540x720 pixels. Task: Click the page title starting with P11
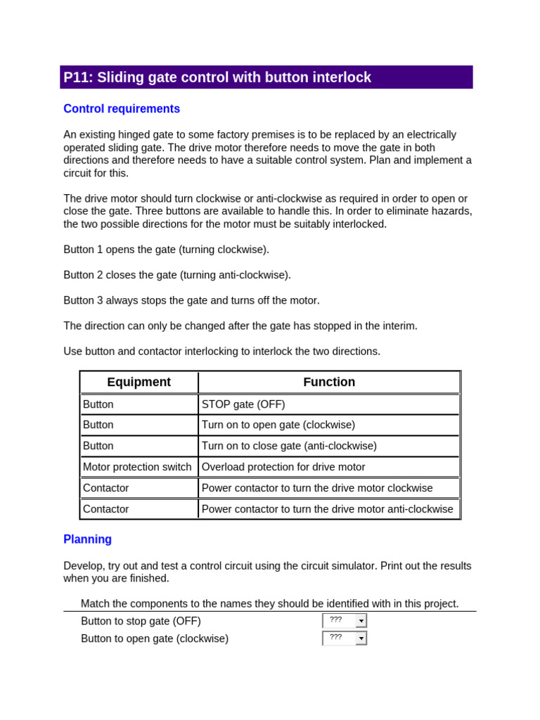pos(217,77)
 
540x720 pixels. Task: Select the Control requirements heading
pos(122,109)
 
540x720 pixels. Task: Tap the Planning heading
pos(87,539)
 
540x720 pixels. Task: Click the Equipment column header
pos(139,382)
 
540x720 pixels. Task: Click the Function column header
pos(329,382)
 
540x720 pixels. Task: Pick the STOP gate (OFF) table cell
pos(243,404)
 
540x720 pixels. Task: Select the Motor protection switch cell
pos(137,467)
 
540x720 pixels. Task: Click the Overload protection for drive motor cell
pos(283,467)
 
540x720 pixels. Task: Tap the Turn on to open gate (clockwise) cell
pos(278,425)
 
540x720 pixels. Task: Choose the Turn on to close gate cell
pos(289,446)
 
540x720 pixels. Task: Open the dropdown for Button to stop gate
pos(361,621)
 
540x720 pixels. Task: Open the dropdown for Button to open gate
pos(361,638)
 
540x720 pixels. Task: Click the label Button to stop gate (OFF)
pos(141,621)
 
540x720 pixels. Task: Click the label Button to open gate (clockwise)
pos(155,638)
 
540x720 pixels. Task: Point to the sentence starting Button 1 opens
pos(166,250)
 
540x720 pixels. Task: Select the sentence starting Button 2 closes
pos(177,275)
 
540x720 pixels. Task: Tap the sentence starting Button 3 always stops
pos(191,300)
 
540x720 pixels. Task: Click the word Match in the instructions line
pos(95,603)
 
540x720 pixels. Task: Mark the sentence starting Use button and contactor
pos(221,351)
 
